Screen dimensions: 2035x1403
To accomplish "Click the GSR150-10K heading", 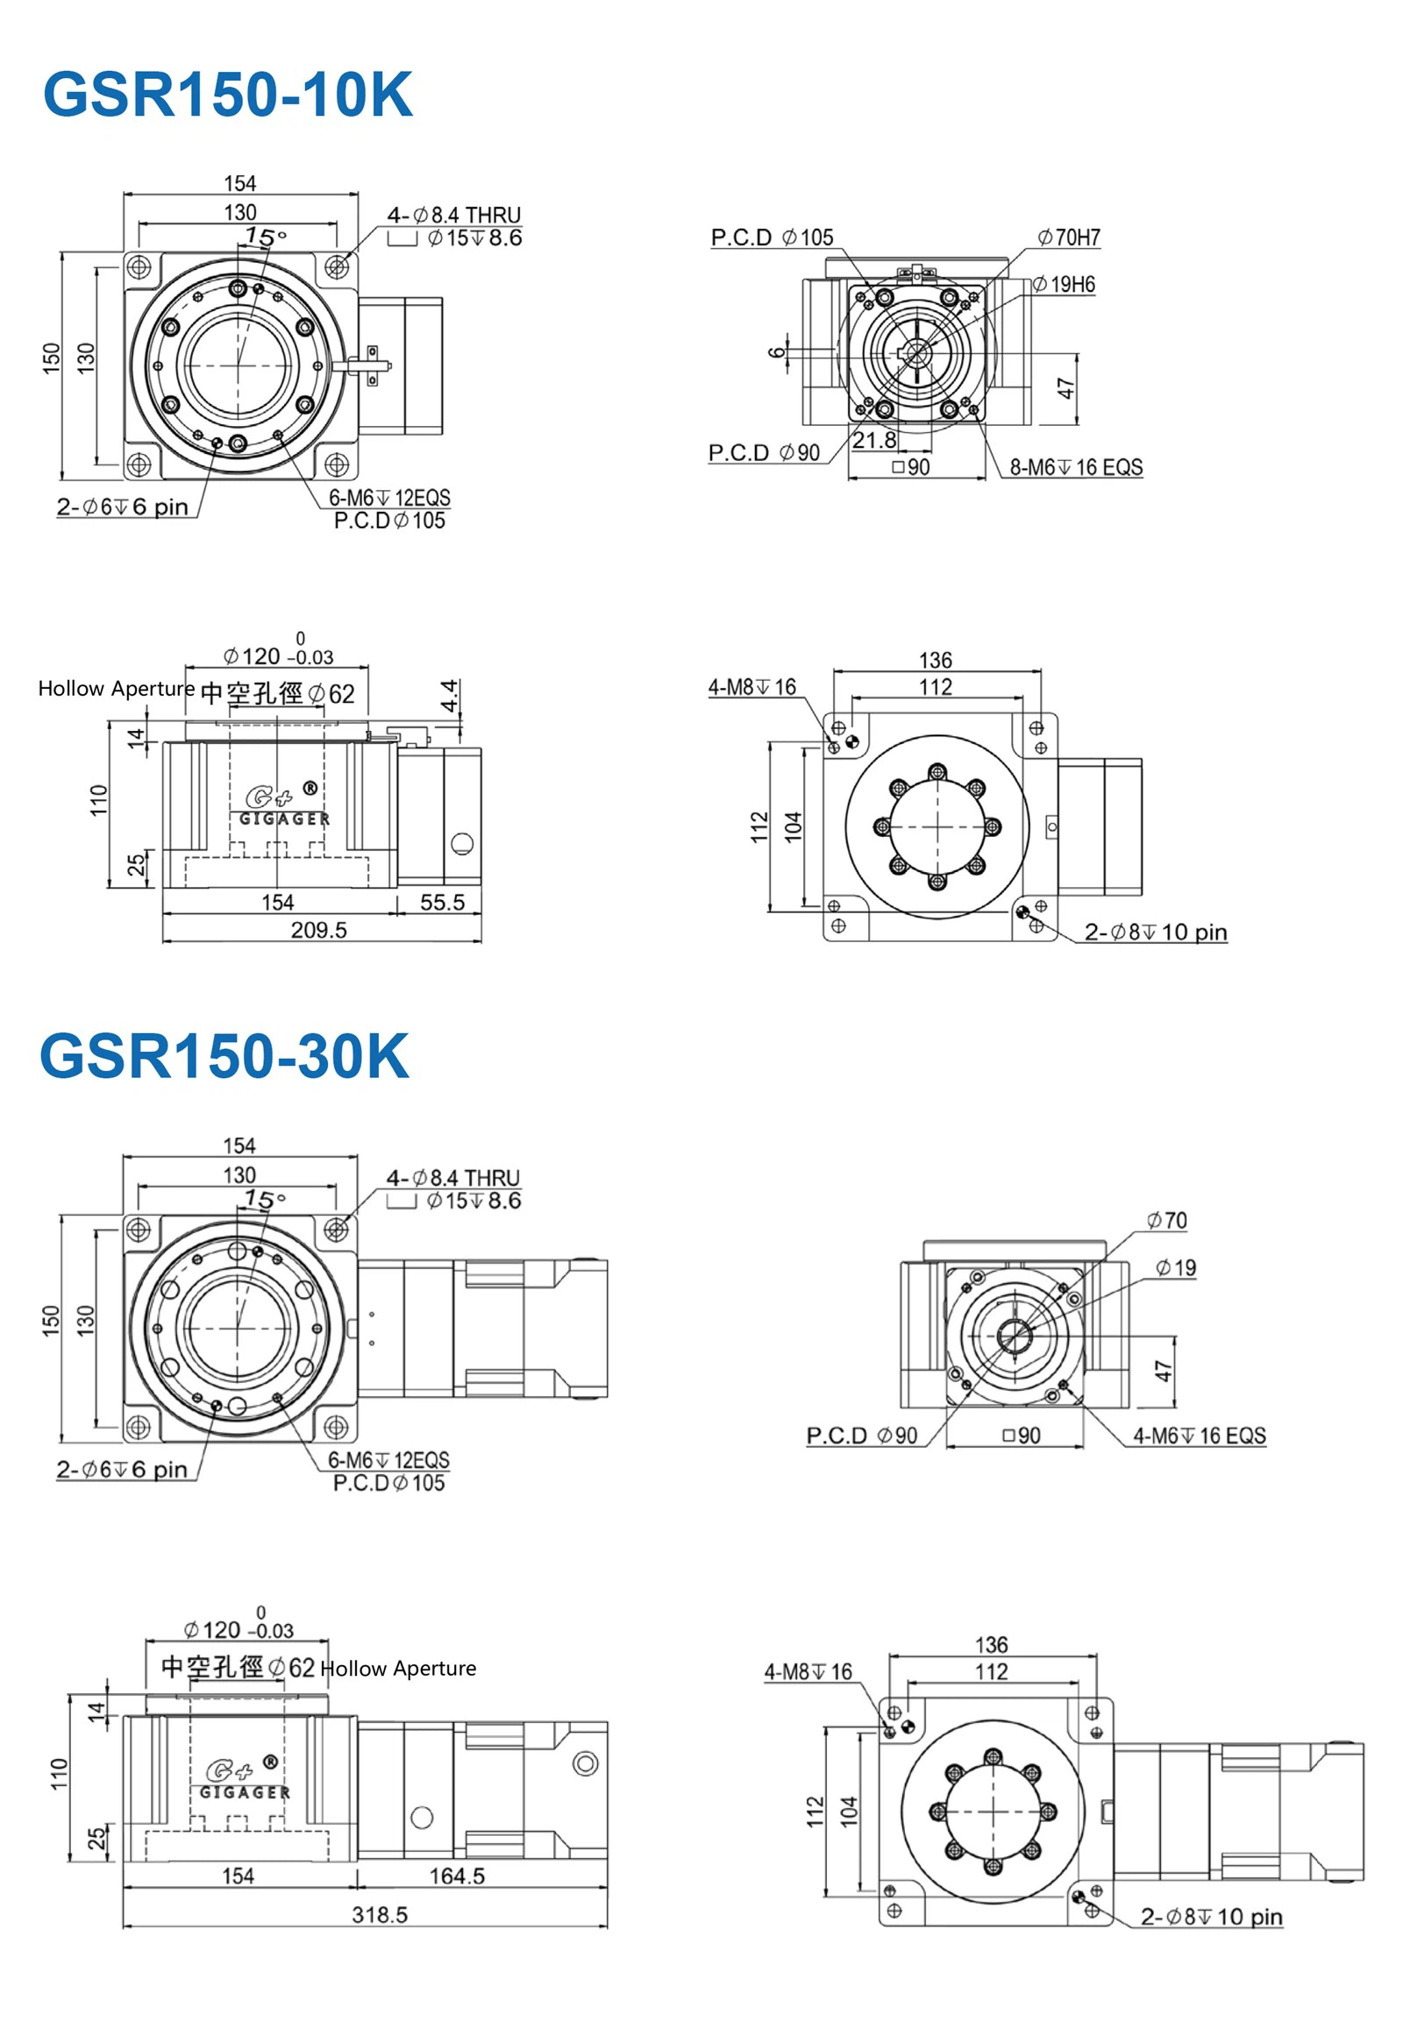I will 227,95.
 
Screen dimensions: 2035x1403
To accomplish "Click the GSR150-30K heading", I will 224,1056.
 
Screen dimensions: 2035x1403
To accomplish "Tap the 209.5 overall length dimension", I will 318,930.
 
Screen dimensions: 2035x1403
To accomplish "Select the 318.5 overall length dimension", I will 380,1915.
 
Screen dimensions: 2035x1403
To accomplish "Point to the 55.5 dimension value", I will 441,903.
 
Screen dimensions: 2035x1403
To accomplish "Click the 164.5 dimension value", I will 456,1876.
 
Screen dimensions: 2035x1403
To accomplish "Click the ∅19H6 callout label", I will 1064,284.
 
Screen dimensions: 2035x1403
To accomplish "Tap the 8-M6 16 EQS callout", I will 1076,467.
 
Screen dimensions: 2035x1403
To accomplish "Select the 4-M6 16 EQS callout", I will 1199,1436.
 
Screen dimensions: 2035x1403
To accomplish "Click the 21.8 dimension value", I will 873,440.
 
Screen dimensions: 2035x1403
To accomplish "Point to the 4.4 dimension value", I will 449,696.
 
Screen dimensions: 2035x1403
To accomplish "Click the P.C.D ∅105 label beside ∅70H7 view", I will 772,238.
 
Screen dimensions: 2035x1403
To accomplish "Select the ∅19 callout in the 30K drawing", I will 1175,1268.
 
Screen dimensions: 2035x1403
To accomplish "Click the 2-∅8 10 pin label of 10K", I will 1155,932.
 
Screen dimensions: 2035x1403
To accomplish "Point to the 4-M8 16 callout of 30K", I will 808,1671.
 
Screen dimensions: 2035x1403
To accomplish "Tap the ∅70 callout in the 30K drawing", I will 1166,1221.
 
